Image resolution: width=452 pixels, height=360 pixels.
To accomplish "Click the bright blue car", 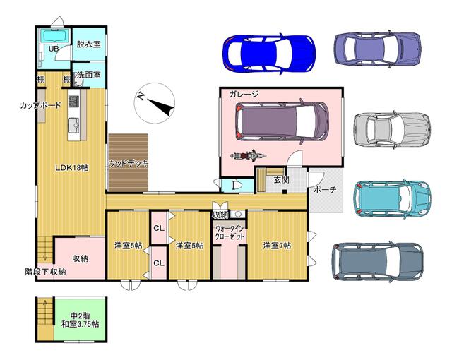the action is (x=269, y=54).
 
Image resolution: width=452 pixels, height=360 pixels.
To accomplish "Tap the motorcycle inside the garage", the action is (x=248, y=156).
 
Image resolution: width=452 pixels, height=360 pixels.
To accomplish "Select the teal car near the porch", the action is (x=393, y=198).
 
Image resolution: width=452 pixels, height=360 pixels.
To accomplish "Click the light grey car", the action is (x=393, y=129).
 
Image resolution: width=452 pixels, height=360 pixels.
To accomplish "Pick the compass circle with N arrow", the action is (x=155, y=104).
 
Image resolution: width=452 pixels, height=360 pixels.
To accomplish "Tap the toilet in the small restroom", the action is (x=235, y=185).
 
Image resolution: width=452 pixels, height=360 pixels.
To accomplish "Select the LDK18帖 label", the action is (x=72, y=167).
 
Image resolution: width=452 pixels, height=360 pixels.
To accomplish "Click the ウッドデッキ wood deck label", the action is (x=128, y=163).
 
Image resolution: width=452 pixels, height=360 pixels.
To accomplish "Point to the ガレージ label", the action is (x=244, y=94).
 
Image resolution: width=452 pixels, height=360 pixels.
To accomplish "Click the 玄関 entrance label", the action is (x=281, y=180).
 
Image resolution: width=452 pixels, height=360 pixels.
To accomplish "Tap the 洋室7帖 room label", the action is (x=276, y=246).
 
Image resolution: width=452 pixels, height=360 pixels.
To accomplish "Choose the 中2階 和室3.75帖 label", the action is (x=80, y=320).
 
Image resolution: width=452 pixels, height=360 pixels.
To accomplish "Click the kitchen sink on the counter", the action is (x=73, y=125).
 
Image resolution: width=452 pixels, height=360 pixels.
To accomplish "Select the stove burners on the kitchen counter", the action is (x=73, y=101).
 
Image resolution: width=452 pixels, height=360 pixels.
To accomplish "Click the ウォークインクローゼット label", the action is (x=230, y=232).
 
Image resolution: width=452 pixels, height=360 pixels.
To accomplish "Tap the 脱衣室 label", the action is (x=88, y=44).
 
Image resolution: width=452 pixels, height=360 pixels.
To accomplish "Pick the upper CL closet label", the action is (x=159, y=228).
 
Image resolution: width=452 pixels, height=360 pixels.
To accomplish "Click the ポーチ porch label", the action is (x=325, y=189).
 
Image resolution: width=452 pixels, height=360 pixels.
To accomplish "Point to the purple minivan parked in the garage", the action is (x=282, y=121).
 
